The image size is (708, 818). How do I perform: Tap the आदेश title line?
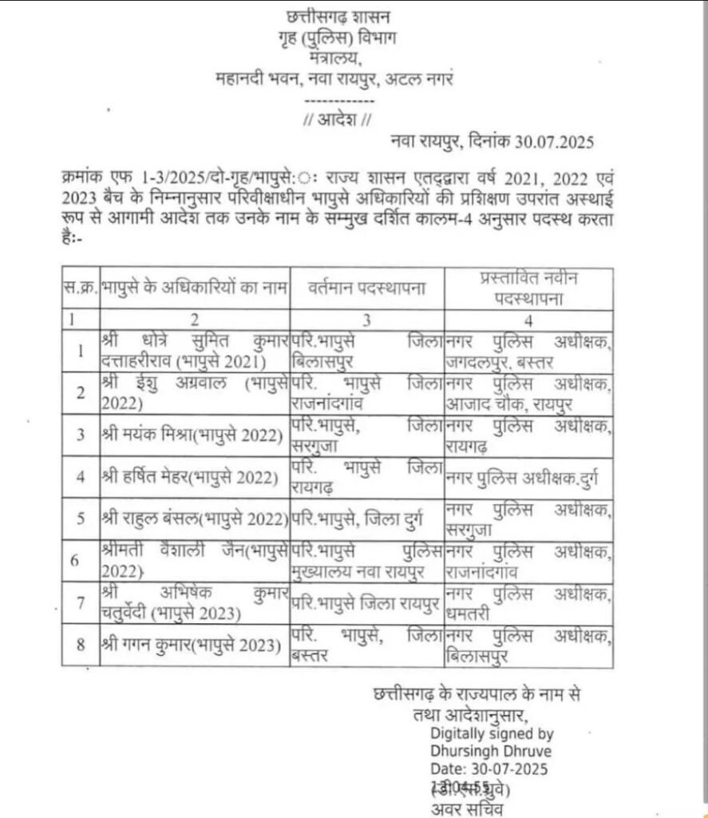(x=336, y=121)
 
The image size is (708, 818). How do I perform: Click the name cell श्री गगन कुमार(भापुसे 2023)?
(x=192, y=644)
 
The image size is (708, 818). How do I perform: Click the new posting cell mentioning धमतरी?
(x=528, y=602)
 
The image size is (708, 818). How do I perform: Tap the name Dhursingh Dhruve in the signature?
(x=491, y=751)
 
